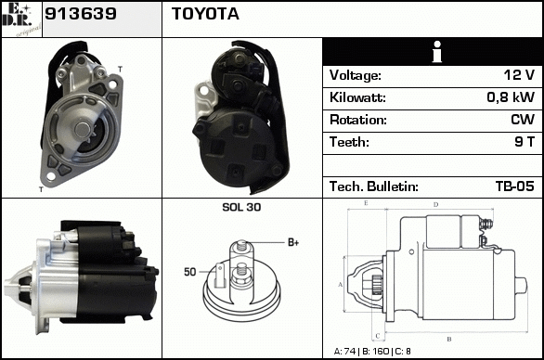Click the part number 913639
point(81,14)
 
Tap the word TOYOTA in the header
point(205,14)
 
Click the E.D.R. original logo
point(21,19)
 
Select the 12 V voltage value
point(519,75)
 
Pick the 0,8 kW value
point(511,97)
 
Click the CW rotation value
point(523,120)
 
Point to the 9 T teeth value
point(525,142)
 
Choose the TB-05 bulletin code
point(515,186)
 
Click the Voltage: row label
point(356,75)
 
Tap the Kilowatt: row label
point(357,97)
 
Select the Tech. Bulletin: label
point(374,186)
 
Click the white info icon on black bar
point(437,52)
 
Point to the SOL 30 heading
point(241,207)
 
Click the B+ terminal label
point(293,242)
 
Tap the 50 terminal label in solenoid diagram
point(190,272)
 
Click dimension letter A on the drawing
point(341,285)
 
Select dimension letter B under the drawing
point(449,340)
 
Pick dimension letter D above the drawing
point(436,205)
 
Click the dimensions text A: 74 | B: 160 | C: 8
point(372,352)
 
